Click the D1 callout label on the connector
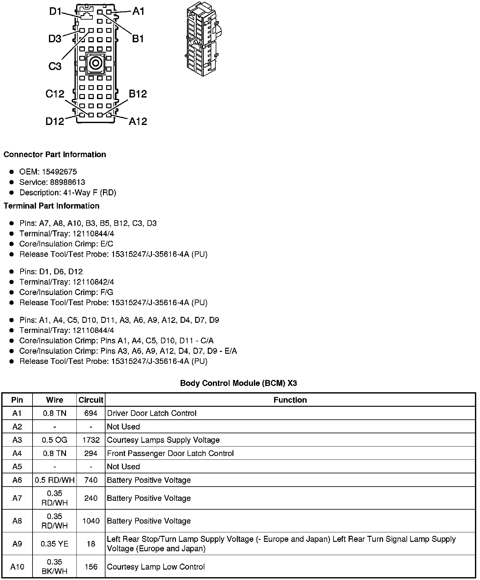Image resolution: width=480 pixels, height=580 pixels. click(x=55, y=12)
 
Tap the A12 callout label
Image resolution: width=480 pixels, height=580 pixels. click(x=138, y=121)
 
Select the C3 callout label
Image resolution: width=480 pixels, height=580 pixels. click(x=55, y=66)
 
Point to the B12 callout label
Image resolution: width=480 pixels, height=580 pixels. click(x=138, y=94)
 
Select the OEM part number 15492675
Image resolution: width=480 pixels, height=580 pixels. click(x=59, y=172)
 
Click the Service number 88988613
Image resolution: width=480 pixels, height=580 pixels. click(x=68, y=182)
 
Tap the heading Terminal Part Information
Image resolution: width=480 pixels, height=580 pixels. click(x=51, y=206)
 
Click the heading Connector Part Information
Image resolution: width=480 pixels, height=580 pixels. click(x=55, y=154)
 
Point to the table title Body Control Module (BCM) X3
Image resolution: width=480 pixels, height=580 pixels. click(x=238, y=383)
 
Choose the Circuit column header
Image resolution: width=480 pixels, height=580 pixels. click(x=91, y=400)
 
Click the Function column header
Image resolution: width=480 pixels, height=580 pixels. click(x=290, y=400)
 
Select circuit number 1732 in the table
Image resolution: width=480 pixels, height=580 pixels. click(x=91, y=440)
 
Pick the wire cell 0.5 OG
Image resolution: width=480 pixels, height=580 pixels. click(x=55, y=440)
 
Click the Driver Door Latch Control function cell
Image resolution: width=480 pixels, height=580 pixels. click(x=152, y=413)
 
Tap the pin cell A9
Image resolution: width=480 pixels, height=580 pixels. click(x=17, y=544)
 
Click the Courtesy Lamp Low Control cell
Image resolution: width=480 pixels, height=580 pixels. click(x=156, y=567)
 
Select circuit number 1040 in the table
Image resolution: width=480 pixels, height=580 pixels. click(x=91, y=521)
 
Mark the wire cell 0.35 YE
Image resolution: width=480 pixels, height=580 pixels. click(x=55, y=544)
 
